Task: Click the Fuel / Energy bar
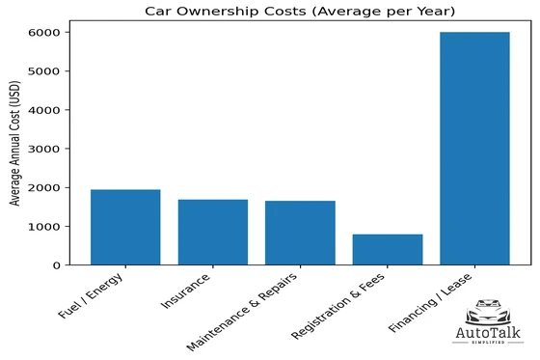(x=125, y=227)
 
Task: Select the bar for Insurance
(x=212, y=232)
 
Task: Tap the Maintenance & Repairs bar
(x=300, y=233)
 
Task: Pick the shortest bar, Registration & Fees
(x=387, y=249)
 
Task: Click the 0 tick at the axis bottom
(x=61, y=264)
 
